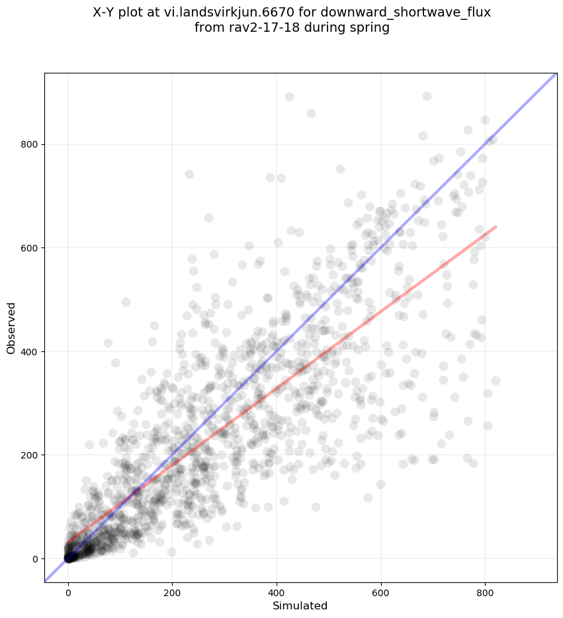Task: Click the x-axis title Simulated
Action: (x=300, y=605)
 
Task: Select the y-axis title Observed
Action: (x=11, y=328)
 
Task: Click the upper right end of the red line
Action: (x=496, y=227)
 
